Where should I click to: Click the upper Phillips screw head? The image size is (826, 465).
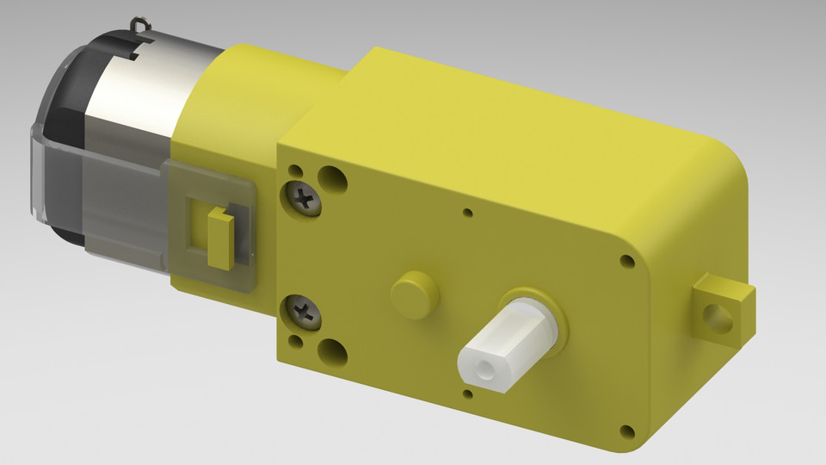tap(304, 200)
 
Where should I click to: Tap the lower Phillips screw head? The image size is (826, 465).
tap(304, 312)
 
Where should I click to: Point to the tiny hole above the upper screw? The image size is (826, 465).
tap(294, 170)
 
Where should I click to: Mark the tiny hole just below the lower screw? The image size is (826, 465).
tap(294, 342)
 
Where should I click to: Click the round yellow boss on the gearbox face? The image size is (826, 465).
tap(414, 292)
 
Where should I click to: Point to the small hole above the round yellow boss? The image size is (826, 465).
tap(467, 212)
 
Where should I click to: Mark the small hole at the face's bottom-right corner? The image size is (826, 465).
tap(626, 431)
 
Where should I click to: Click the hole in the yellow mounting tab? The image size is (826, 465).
tap(716, 318)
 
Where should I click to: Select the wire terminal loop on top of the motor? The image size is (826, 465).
tap(139, 25)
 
